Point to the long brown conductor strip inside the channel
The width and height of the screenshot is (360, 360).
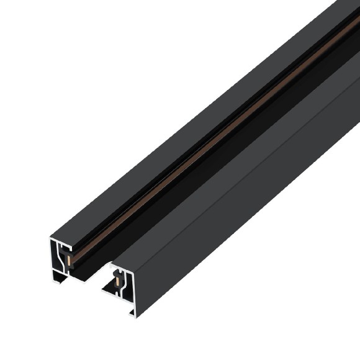(x=205, y=149)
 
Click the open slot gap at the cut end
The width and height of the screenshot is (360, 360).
(x=93, y=273)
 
